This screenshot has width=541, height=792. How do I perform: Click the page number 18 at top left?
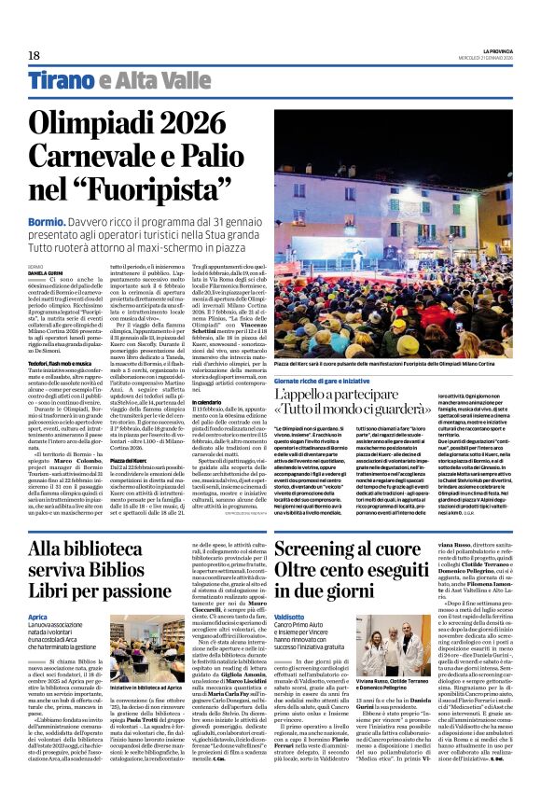(x=35, y=56)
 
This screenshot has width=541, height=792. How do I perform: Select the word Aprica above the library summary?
(x=38, y=618)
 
